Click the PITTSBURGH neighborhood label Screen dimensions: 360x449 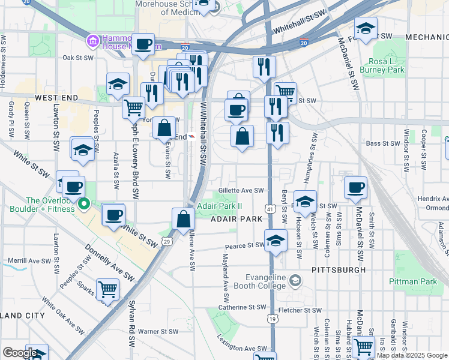(x=339, y=270)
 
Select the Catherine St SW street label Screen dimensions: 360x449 (x=241, y=307)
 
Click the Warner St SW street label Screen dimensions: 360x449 (x=158, y=331)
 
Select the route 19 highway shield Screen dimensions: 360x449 (x=273, y=319)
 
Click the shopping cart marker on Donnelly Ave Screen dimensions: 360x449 (x=107, y=289)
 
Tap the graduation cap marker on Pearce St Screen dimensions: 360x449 (x=276, y=241)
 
